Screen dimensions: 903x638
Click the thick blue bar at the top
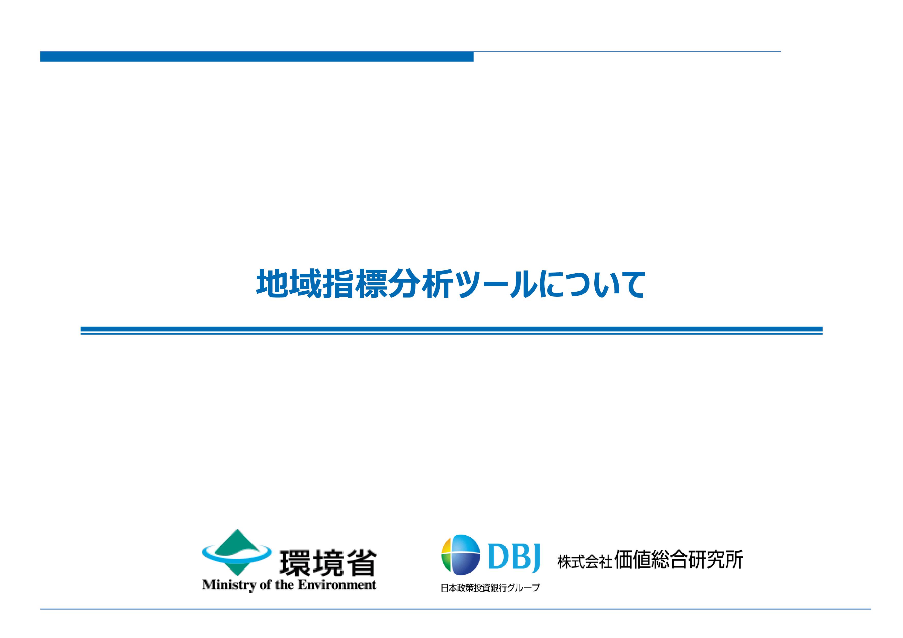click(257, 56)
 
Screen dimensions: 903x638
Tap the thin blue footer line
click(455, 609)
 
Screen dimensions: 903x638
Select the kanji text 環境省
click(328, 563)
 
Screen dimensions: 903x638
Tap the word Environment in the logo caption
click(337, 585)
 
